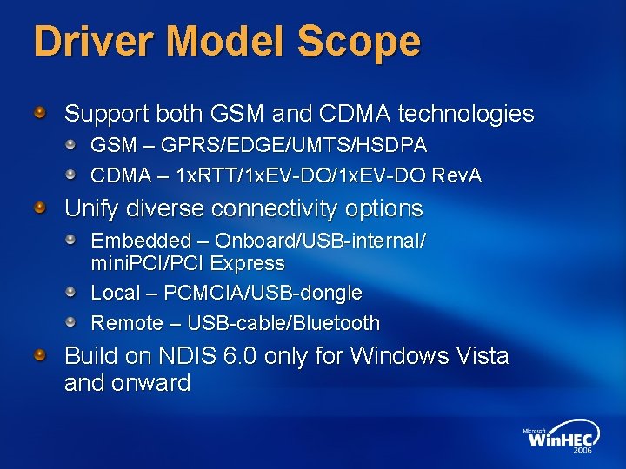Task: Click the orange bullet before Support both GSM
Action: click(40, 113)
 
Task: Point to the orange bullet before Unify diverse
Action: click(40, 208)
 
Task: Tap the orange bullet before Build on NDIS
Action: click(40, 355)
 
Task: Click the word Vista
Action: click(479, 356)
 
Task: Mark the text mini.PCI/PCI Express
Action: click(188, 263)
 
